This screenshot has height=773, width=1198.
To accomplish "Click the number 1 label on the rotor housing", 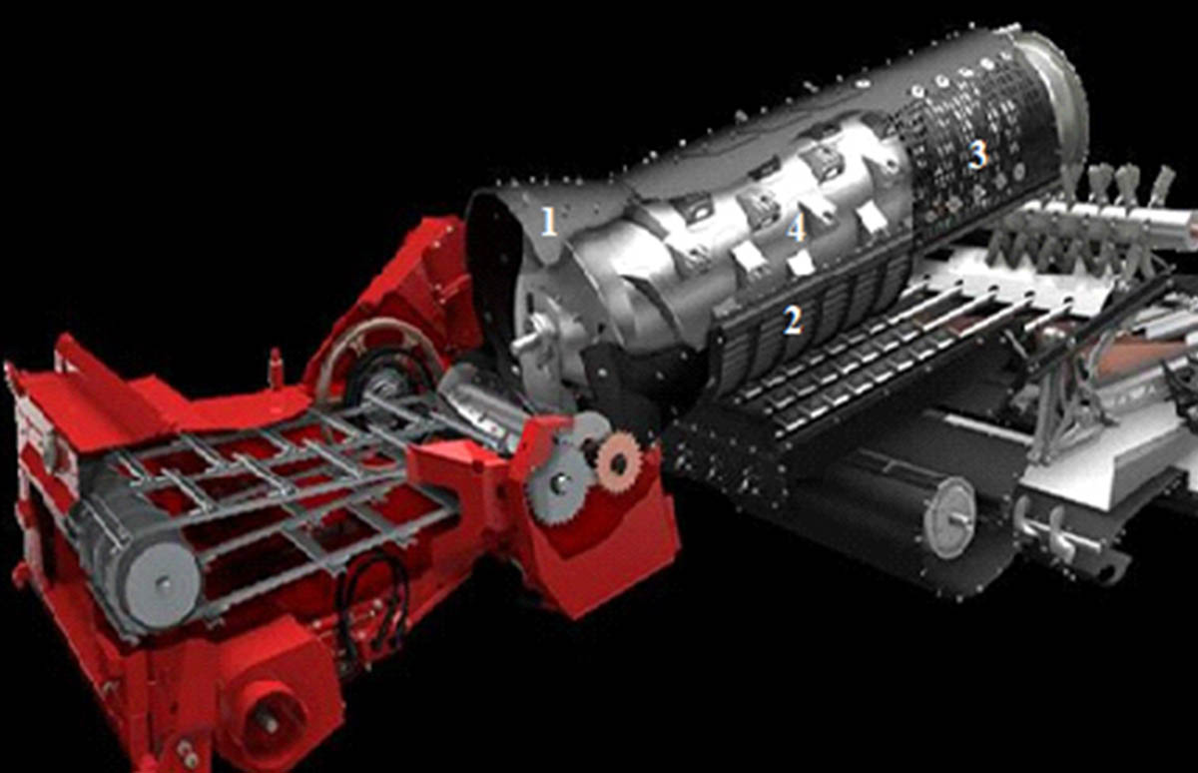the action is coord(549,222).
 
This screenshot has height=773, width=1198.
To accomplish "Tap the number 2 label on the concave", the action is coord(793,321).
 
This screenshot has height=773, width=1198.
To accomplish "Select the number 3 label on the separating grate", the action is coord(978,156).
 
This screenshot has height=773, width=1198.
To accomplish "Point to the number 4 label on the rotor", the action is coord(797,229).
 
